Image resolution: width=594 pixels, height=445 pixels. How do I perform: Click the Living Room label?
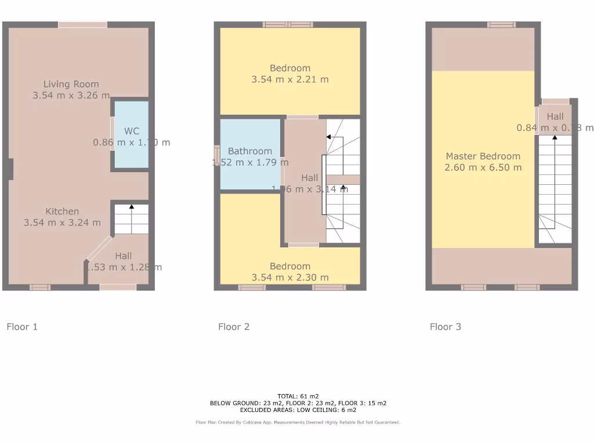click(x=71, y=84)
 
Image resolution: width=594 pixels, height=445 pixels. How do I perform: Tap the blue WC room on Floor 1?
click(x=131, y=134)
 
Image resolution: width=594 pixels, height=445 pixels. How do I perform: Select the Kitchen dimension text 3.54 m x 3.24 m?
click(x=62, y=222)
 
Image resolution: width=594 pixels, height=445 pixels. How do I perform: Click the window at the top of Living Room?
click(x=82, y=24)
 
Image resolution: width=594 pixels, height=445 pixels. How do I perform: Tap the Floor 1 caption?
click(x=22, y=327)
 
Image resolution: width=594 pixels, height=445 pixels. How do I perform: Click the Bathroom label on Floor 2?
click(x=249, y=151)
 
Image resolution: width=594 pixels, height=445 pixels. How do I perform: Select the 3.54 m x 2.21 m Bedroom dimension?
click(x=289, y=79)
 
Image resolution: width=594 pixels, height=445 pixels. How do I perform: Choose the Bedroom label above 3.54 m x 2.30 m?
click(x=289, y=267)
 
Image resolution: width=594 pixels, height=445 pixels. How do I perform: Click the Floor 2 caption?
click(x=234, y=327)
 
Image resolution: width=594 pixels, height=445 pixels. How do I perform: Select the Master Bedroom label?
click(x=483, y=156)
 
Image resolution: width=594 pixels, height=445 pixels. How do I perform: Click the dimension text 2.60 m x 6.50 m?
click(x=483, y=167)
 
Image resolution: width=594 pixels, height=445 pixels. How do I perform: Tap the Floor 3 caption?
click(x=445, y=327)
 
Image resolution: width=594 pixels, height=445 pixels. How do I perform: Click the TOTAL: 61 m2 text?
click(x=298, y=396)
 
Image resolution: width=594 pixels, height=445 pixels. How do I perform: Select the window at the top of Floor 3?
click(x=501, y=24)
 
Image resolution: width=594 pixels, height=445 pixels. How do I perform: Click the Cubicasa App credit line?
click(x=298, y=422)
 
